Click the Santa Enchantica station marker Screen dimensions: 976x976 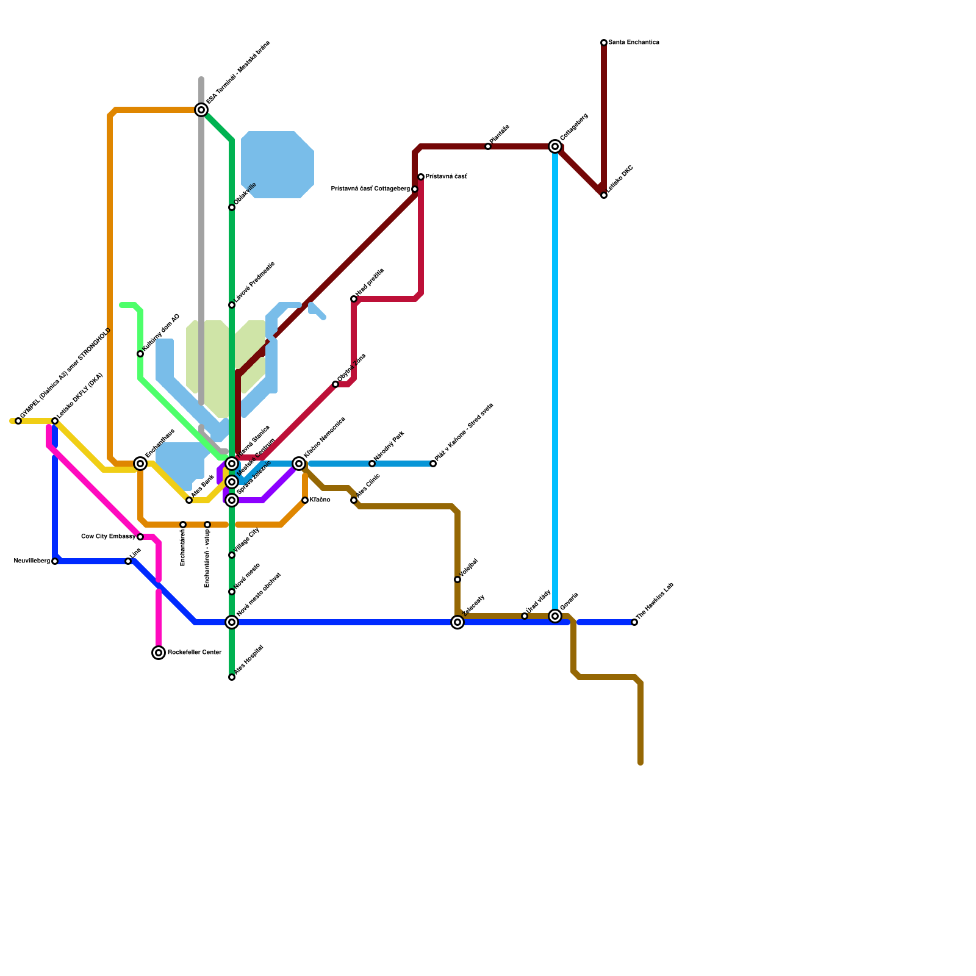pyautogui.click(x=604, y=43)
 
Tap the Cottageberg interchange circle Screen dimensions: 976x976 pyautogui.click(x=555, y=146)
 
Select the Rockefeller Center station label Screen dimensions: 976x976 pyautogui.click(x=194, y=653)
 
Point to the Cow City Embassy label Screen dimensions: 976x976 pyautogui.click(x=108, y=537)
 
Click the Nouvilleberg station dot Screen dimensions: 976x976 pyautogui.click(x=55, y=561)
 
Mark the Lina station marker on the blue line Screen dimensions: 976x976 pyautogui.click(x=128, y=561)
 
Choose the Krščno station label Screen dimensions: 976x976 pyautogui.click(x=320, y=500)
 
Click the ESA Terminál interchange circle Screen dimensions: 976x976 pyautogui.click(x=201, y=110)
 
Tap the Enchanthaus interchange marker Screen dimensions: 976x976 pyautogui.click(x=140, y=464)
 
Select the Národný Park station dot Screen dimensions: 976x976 pyautogui.click(x=372, y=464)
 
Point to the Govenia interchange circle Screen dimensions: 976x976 pyautogui.click(x=555, y=616)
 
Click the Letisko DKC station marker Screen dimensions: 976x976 pyautogui.click(x=604, y=195)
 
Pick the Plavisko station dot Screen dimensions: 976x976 pyautogui.click(x=488, y=146)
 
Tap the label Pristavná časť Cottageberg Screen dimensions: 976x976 pyautogui.click(x=370, y=189)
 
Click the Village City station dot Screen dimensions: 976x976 pyautogui.click(x=232, y=555)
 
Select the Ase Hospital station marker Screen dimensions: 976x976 pyautogui.click(x=232, y=677)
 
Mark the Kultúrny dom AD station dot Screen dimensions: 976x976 pyautogui.click(x=140, y=354)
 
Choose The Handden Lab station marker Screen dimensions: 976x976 pyautogui.click(x=634, y=622)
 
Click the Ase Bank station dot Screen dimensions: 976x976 pyautogui.click(x=189, y=500)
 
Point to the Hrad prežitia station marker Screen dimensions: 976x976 pyautogui.click(x=354, y=299)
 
